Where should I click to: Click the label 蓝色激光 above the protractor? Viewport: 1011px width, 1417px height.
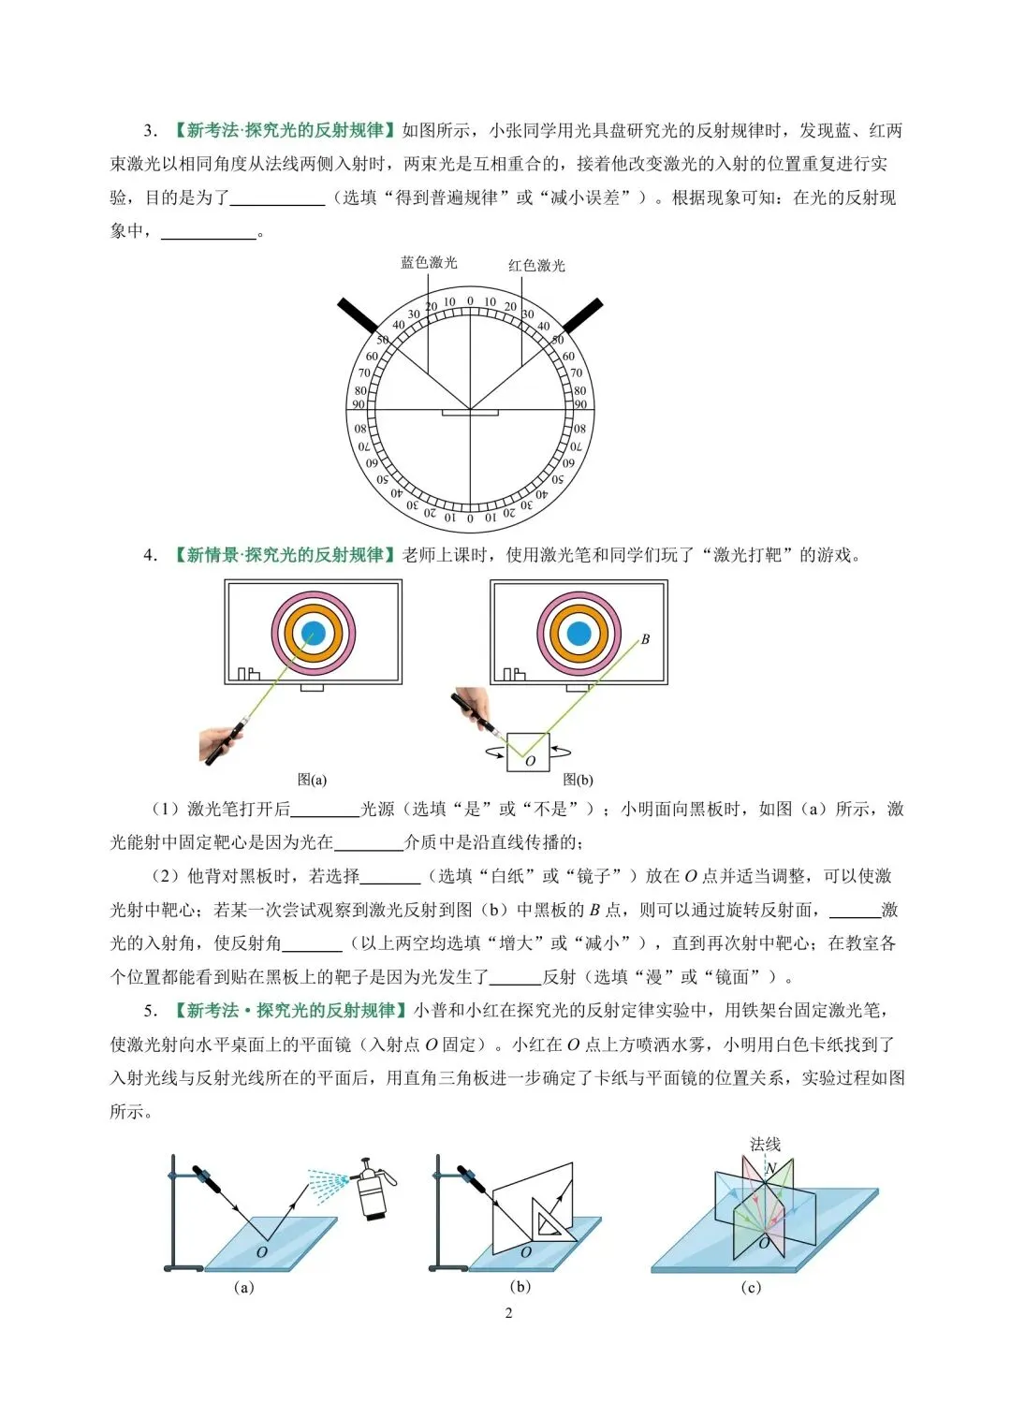pos(429,263)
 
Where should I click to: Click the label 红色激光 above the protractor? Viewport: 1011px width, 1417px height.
pos(536,266)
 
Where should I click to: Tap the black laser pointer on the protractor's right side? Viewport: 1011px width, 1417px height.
pos(582,316)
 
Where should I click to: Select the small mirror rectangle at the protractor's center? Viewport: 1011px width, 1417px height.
pos(470,412)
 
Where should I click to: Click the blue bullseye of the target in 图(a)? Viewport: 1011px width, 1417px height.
pos(314,634)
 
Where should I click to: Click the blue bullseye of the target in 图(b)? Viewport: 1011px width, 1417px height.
pos(579,634)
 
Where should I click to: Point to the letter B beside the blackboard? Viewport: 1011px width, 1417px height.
pos(645,639)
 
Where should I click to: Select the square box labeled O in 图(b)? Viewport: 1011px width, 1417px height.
pos(528,752)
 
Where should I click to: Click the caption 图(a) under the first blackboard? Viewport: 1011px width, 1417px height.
pos(312,780)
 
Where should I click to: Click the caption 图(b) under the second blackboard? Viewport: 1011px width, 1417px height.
pos(578,780)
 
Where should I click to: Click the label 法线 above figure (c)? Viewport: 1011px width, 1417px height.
pos(765,1144)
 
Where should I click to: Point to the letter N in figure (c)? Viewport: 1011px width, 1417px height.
pos(770,1168)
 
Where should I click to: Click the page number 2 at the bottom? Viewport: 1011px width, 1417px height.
pos(508,1313)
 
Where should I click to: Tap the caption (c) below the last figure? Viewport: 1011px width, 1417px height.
pos(751,1288)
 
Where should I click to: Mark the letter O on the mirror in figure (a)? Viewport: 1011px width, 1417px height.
pos(262,1251)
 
